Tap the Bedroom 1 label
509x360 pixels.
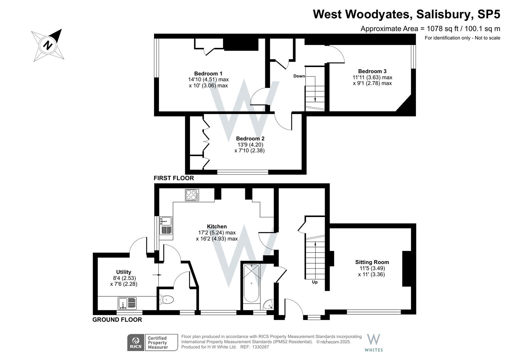pos(208,74)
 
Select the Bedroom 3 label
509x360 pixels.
pos(372,71)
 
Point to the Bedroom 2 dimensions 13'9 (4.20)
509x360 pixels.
pos(249,145)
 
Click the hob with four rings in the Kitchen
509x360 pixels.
pos(192,195)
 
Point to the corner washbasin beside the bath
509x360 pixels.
pos(268,305)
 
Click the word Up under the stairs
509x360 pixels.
pos(315,282)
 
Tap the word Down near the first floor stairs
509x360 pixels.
pos(299,76)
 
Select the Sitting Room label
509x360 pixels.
pos(372,262)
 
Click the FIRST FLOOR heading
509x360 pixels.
pos(173,178)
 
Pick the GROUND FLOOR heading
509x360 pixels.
pos(117,320)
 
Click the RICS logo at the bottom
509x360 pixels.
pos(136,342)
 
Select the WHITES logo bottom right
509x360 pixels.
pos(374,343)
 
